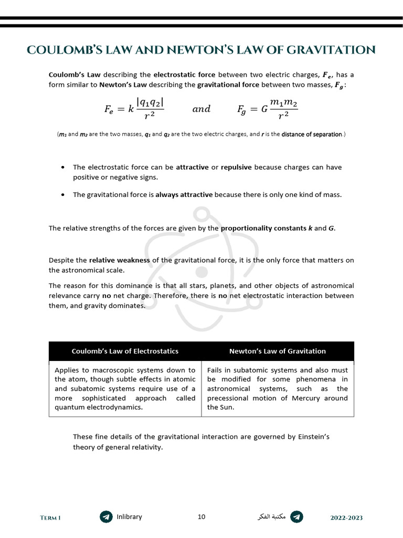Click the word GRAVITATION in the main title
click(332, 50)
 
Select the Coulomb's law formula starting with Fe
click(134, 109)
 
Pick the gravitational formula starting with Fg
click(268, 109)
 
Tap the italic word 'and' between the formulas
click(201, 109)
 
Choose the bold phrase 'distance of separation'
click(312, 134)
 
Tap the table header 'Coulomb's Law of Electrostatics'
click(125, 351)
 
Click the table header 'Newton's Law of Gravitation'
click(278, 351)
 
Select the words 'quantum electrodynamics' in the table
click(98, 408)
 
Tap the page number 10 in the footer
click(201, 517)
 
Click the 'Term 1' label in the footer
click(50, 518)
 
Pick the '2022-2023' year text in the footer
click(346, 518)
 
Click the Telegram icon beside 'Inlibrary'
click(106, 517)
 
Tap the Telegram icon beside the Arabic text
click(296, 517)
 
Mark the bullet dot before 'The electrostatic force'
click(63, 168)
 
